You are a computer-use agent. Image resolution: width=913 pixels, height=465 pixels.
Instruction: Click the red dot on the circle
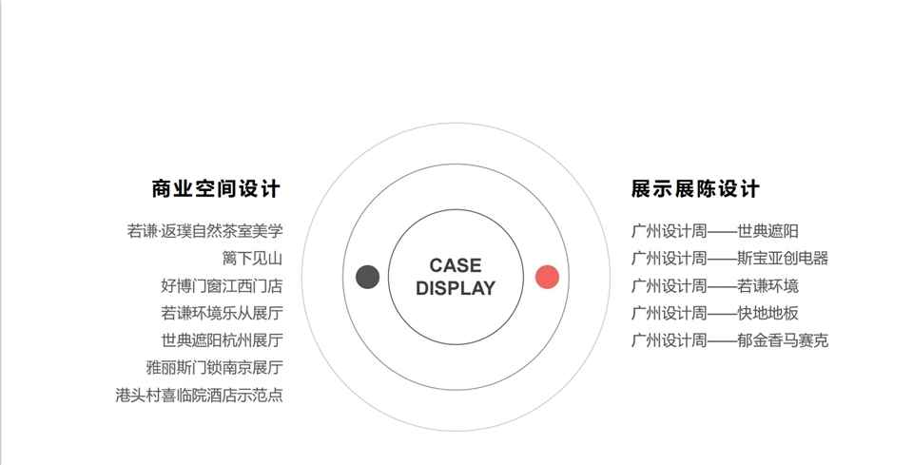[x=547, y=277]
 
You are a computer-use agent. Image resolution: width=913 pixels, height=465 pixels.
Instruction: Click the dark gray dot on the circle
[x=368, y=277]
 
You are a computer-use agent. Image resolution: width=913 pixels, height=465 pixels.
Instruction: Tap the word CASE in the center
[x=456, y=265]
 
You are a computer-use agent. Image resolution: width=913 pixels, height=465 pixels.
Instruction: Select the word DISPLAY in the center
[x=456, y=288]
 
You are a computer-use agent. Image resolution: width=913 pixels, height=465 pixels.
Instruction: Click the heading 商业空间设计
[x=216, y=188]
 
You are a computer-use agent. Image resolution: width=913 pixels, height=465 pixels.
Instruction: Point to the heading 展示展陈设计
[x=695, y=188]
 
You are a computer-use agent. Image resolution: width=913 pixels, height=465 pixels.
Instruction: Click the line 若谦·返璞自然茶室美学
[x=204, y=230]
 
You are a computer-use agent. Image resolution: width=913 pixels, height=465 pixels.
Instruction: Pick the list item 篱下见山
[x=252, y=258]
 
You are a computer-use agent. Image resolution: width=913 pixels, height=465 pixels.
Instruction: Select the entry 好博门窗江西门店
[x=222, y=285]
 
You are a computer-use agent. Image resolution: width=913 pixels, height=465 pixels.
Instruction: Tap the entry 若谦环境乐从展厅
[x=222, y=313]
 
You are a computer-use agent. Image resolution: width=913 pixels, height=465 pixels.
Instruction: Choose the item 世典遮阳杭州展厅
[x=222, y=340]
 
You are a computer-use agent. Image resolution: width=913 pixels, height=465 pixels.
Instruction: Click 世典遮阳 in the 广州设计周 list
[x=767, y=230]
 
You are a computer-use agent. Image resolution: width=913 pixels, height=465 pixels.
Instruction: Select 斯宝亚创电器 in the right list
[x=783, y=258]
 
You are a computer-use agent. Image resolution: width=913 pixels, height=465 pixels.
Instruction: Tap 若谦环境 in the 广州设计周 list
[x=767, y=285]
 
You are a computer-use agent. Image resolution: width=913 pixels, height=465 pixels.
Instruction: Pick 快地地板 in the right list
[x=767, y=313]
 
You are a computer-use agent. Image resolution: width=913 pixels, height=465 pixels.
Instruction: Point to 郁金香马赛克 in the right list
[x=783, y=340]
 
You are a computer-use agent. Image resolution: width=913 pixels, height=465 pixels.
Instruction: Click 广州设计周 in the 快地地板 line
[x=669, y=313]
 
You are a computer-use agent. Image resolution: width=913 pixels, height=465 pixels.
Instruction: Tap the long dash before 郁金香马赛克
[x=722, y=340]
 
